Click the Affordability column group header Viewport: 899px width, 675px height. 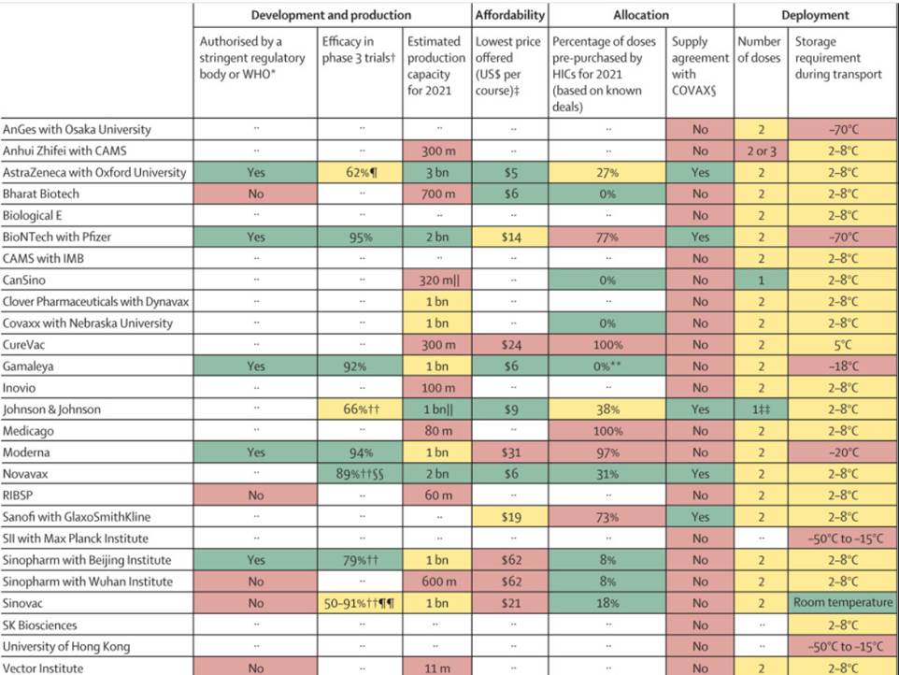click(x=509, y=15)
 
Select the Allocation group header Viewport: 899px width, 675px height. click(x=640, y=15)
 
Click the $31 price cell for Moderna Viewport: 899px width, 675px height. click(x=510, y=452)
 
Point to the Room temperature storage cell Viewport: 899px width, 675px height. click(x=843, y=603)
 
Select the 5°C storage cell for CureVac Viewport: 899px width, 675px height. click(x=843, y=345)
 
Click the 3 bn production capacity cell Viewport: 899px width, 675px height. click(x=437, y=172)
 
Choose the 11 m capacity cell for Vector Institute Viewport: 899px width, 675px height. click(x=437, y=668)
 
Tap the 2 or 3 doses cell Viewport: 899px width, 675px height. click(x=761, y=151)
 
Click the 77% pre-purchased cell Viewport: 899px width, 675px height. click(x=608, y=237)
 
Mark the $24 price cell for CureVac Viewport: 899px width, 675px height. click(x=510, y=345)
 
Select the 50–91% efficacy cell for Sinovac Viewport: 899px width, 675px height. click(x=360, y=603)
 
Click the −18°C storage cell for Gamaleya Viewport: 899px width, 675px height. click(x=843, y=366)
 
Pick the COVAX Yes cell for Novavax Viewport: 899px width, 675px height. click(x=700, y=473)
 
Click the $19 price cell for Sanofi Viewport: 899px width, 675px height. click(x=510, y=517)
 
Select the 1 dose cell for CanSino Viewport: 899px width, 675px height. click(x=761, y=280)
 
